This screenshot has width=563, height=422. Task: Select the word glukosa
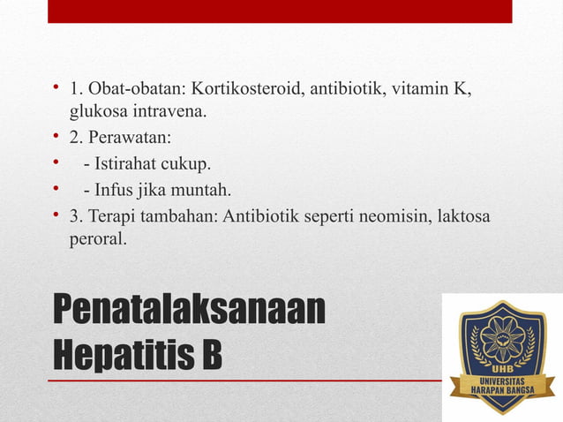[97, 111]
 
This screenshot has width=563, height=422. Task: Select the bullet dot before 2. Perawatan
[55, 138]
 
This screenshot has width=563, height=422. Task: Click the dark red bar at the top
[280, 11]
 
